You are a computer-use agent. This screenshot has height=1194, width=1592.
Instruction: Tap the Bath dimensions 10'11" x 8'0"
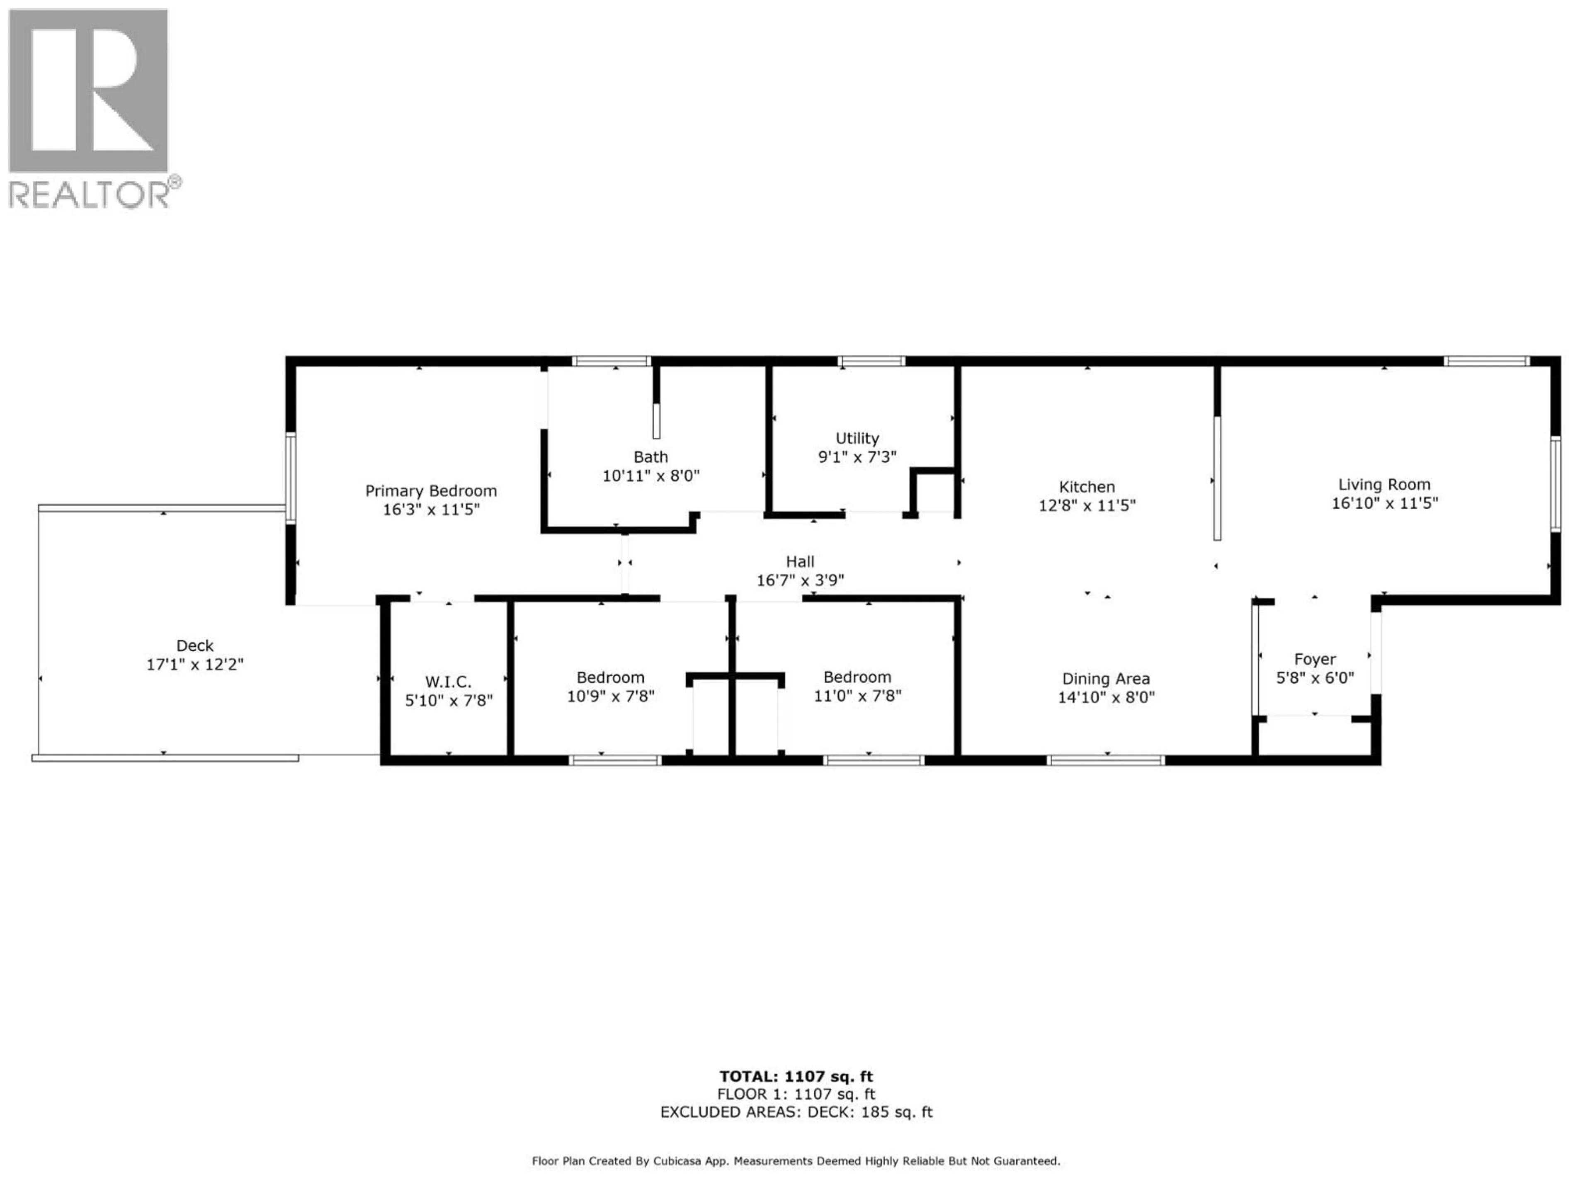coord(650,476)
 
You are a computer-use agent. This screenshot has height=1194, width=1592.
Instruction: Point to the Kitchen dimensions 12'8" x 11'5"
coord(1086,506)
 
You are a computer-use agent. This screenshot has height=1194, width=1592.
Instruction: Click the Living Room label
coord(1383,484)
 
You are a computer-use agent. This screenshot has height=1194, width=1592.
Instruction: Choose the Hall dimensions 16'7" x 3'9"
coord(800,580)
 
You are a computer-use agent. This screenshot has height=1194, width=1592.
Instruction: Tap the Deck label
coord(195,646)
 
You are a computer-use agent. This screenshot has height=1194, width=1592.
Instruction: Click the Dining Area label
coord(1105,679)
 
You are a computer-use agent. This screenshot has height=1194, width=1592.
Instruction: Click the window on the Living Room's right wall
coord(1555,484)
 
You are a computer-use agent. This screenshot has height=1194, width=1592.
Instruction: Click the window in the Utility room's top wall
coord(871,361)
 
